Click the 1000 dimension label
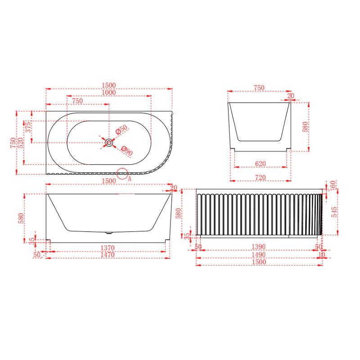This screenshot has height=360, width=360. pyautogui.click(x=109, y=93)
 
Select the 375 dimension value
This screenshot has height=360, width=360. pyautogui.click(x=28, y=127)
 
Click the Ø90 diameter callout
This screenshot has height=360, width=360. pyautogui.click(x=127, y=151)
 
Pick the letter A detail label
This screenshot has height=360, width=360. pyautogui.click(x=130, y=178)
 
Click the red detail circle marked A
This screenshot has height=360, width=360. pyautogui.click(x=122, y=174)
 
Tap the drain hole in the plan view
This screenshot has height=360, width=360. pyautogui.click(x=109, y=143)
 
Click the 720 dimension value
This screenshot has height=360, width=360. pyautogui.click(x=260, y=178)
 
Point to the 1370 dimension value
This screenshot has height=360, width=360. pyautogui.click(x=108, y=247)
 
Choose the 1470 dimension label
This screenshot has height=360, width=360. pyautogui.click(x=108, y=255)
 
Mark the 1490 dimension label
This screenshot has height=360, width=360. pyautogui.click(x=259, y=255)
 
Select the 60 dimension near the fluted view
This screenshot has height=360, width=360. pyautogui.click(x=333, y=185)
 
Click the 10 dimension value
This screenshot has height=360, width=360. pyautogui.click(x=321, y=255)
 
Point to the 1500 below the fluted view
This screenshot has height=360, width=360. pyautogui.click(x=260, y=262)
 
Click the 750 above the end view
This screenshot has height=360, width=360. pyautogui.click(x=259, y=88)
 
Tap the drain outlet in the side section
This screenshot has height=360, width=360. pyautogui.click(x=108, y=233)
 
